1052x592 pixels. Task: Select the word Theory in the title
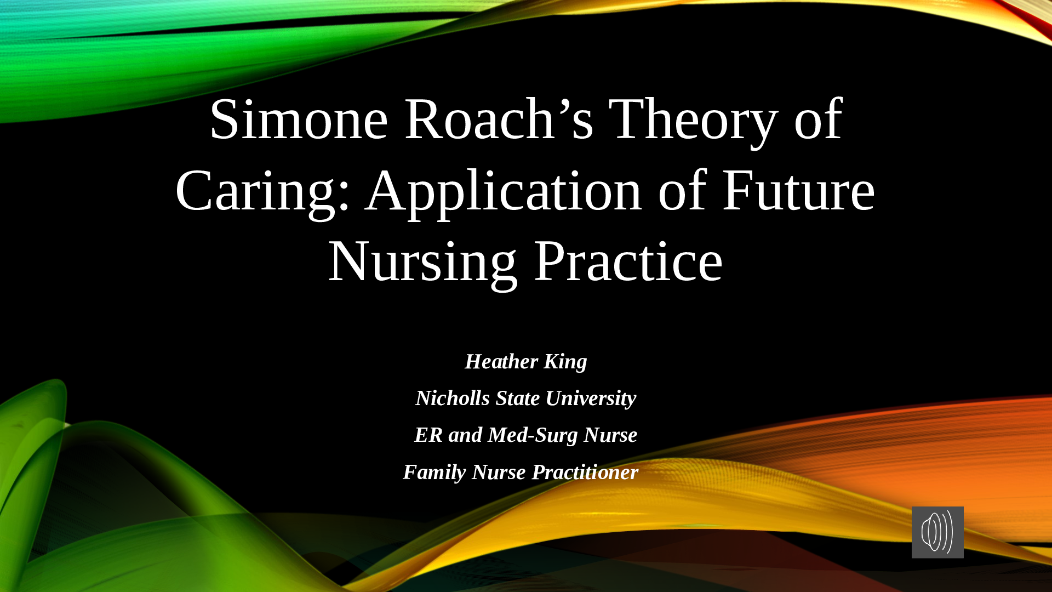pyautogui.click(x=693, y=122)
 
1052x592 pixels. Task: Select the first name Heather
pyautogui.click(x=501, y=361)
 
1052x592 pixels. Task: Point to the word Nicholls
pyautogui.click(x=453, y=398)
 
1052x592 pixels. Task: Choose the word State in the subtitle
pyautogui.click(x=518, y=398)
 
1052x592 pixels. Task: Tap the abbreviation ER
pyautogui.click(x=428, y=435)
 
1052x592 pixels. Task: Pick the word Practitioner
pyautogui.click(x=585, y=472)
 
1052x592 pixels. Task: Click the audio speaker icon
pyautogui.click(x=937, y=532)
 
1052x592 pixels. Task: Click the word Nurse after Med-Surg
pyautogui.click(x=610, y=435)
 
